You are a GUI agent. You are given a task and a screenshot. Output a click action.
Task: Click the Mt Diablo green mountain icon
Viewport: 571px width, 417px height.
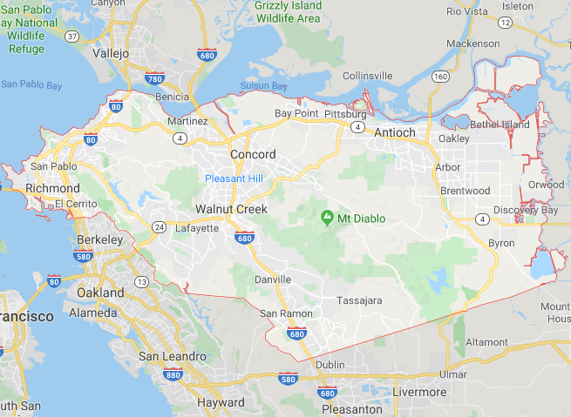click(328, 217)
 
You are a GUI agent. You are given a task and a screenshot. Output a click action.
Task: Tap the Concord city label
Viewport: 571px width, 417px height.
click(253, 155)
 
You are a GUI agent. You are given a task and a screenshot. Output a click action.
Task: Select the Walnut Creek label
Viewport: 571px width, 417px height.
click(231, 210)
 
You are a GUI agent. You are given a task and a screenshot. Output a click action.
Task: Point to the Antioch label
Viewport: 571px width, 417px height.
click(397, 133)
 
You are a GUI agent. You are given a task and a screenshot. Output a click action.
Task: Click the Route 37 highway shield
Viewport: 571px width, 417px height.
click(71, 37)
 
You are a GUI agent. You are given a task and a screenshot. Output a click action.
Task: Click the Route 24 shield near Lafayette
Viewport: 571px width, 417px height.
click(160, 227)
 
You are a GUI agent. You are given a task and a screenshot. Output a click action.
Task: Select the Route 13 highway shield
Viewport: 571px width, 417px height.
click(141, 283)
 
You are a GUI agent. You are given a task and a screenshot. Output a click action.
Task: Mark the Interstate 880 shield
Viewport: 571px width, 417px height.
click(172, 374)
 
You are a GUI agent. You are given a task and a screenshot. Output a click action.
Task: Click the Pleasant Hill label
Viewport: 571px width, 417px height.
click(234, 178)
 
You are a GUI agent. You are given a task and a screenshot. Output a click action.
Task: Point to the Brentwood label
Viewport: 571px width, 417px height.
click(466, 191)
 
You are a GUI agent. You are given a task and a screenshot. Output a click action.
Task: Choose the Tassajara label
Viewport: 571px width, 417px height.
click(359, 300)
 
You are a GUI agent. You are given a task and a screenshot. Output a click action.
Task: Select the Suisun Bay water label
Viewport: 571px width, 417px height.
click(264, 86)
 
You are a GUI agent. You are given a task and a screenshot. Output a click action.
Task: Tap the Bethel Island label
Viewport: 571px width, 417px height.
click(500, 125)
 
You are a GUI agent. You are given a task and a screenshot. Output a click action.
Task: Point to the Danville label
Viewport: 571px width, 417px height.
click(273, 279)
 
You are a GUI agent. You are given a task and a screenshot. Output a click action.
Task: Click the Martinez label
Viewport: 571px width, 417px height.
click(187, 121)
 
